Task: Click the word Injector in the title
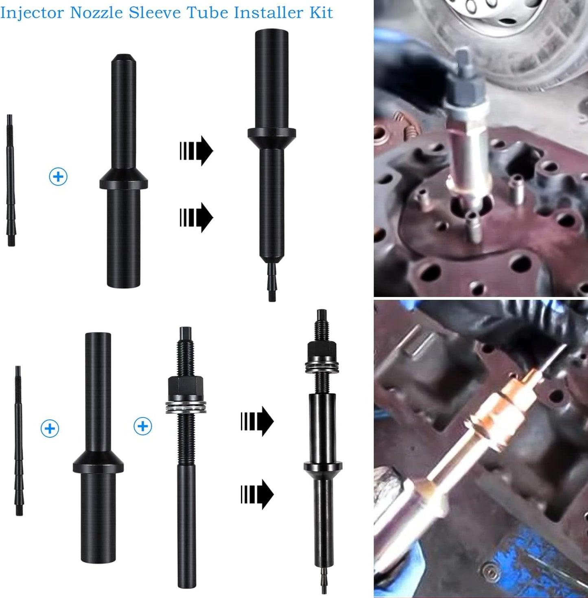pyautogui.click(x=32, y=13)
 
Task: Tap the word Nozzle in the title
pyautogui.click(x=97, y=13)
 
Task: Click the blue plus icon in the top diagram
pyautogui.click(x=58, y=177)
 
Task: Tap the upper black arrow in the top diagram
pyautogui.click(x=196, y=151)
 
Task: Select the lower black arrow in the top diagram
pyautogui.click(x=196, y=218)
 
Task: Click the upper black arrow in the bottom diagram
pyautogui.click(x=257, y=421)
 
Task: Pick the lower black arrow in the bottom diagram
pyautogui.click(x=257, y=494)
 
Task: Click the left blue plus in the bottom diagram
pyautogui.click(x=50, y=428)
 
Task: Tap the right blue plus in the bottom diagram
pyautogui.click(x=142, y=426)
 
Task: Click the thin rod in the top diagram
pyautogui.click(x=11, y=180)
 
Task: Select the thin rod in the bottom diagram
pyautogui.click(x=19, y=441)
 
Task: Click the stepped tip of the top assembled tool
pyautogui.click(x=272, y=282)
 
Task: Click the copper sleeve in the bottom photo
pyautogui.click(x=490, y=413)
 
